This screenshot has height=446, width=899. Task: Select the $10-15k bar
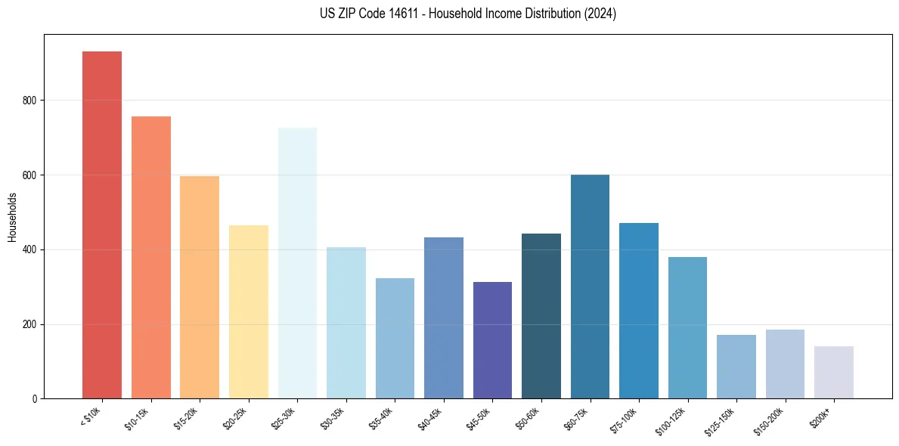click(150, 257)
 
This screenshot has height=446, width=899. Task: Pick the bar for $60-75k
click(590, 286)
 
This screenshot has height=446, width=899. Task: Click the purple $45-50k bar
click(492, 340)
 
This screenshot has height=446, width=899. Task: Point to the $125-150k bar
click(736, 367)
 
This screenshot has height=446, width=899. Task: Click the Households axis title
click(12, 216)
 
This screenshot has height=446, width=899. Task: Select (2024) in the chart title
click(599, 14)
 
